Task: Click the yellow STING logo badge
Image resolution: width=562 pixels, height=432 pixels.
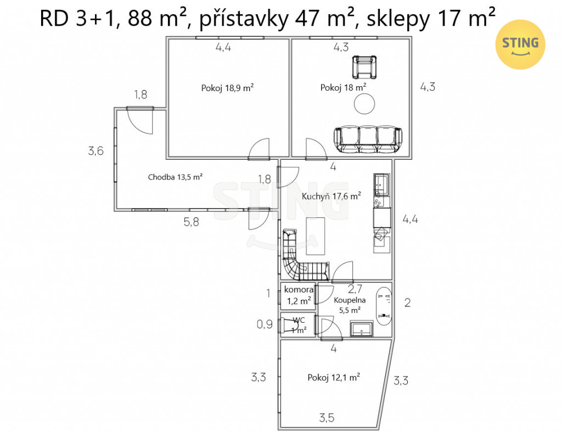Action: (520, 44)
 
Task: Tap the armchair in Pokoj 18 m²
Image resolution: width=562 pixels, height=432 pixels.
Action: (364, 67)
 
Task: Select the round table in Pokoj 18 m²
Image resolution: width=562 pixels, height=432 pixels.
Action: (364, 104)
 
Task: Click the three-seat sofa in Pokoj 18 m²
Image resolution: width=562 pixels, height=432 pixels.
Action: (368, 139)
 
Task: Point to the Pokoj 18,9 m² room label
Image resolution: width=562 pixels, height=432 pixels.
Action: (228, 88)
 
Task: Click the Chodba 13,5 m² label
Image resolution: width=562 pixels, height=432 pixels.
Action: (175, 177)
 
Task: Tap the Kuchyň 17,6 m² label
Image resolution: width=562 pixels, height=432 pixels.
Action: (331, 196)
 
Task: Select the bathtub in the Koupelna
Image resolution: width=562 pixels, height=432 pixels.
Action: (384, 305)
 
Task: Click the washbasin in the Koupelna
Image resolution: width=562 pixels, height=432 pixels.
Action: (361, 329)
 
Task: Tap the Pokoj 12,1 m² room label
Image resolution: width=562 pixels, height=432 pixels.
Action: (334, 378)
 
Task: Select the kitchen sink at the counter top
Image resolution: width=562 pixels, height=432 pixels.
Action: (381, 184)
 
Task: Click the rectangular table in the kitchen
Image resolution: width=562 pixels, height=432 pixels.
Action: (316, 236)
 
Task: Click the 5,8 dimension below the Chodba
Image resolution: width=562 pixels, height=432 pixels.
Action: (191, 222)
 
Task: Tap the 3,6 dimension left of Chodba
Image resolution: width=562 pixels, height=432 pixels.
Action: (95, 151)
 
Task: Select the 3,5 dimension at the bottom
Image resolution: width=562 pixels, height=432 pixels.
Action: (327, 418)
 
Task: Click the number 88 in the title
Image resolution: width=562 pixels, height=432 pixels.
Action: (140, 18)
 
